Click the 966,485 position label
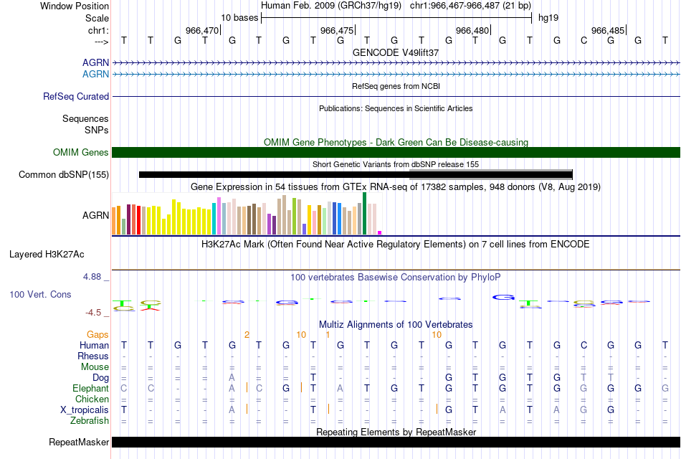coord(607,30)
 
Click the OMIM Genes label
coord(80,152)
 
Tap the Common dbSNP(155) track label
coord(64,174)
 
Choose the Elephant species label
coord(91,388)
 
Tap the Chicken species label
coord(92,399)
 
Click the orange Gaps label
coord(97,334)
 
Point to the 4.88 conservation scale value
coord(95,276)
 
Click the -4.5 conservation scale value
coord(95,312)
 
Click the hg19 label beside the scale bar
coord(548,17)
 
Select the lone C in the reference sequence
coord(584,40)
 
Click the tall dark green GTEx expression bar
coord(365,213)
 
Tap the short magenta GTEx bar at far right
coord(380,232)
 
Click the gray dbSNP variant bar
coord(490,174)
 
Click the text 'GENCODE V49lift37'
coord(396,52)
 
